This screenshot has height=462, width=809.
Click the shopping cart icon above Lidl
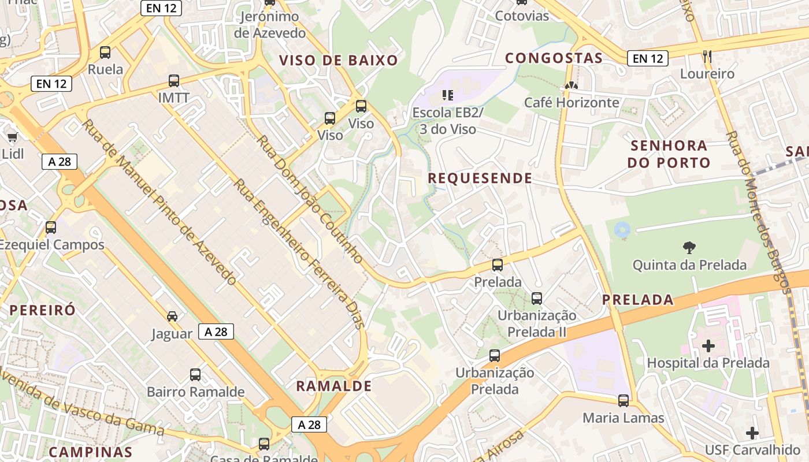tap(12, 137)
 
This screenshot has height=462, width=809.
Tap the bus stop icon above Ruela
tap(105, 53)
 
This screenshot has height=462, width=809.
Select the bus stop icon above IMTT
tap(173, 81)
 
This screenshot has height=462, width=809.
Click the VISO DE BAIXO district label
tap(339, 61)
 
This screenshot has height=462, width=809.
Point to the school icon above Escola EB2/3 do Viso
tap(447, 95)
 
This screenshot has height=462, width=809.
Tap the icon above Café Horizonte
tap(571, 85)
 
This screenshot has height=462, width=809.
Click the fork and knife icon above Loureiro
tap(707, 56)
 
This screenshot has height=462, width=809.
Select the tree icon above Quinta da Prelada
tap(689, 248)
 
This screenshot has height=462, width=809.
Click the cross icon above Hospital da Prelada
tap(708, 346)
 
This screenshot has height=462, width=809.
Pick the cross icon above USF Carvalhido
tap(752, 433)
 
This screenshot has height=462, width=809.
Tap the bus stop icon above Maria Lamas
tap(623, 400)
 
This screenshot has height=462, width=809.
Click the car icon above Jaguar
tap(172, 316)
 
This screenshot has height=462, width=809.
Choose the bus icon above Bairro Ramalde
tap(195, 375)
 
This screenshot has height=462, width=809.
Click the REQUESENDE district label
tap(480, 178)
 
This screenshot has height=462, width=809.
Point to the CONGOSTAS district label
tap(554, 58)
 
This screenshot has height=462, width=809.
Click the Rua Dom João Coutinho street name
tap(310, 199)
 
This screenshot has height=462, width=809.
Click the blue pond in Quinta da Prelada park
tap(622, 230)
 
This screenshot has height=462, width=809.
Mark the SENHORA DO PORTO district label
tap(669, 154)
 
